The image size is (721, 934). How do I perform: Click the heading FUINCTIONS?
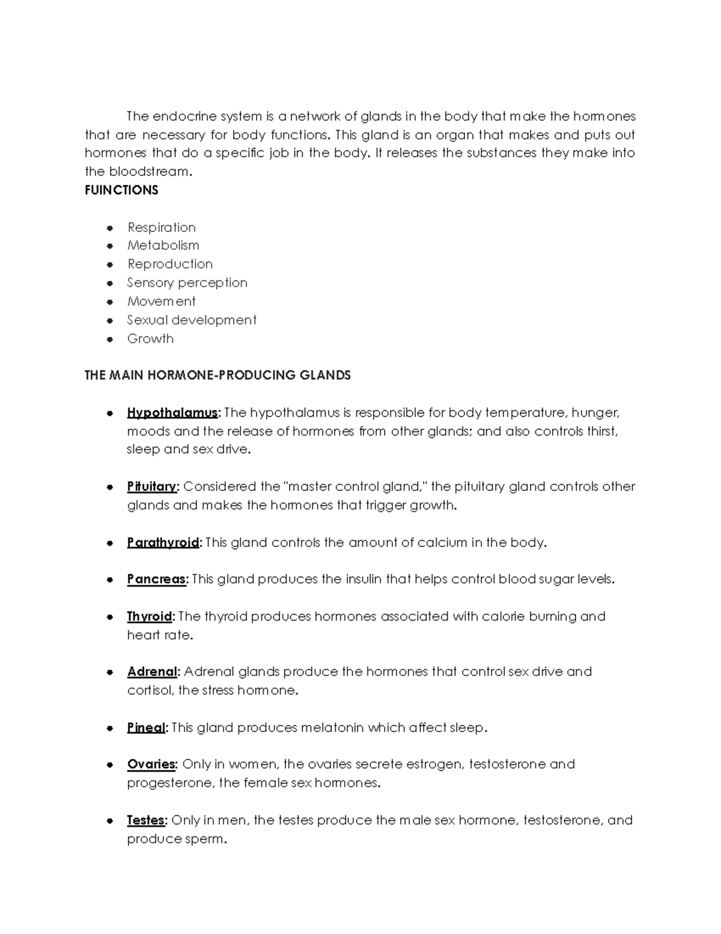click(x=121, y=190)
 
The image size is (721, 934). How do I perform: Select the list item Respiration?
click(x=161, y=227)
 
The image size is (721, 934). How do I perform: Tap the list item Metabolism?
click(x=163, y=245)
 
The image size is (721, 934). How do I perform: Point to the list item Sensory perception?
click(x=187, y=283)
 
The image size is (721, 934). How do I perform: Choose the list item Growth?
click(x=150, y=339)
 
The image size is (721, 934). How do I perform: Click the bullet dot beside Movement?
click(x=109, y=302)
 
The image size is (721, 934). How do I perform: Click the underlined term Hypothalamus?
click(x=172, y=413)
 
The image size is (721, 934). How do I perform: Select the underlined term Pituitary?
click(x=152, y=487)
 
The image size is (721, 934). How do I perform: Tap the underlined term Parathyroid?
click(x=162, y=542)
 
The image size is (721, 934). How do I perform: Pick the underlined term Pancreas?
click(x=156, y=579)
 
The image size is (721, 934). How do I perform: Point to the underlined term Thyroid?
click(x=149, y=616)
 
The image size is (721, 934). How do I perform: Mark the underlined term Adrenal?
click(x=152, y=672)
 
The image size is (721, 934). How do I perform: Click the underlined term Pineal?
click(x=145, y=728)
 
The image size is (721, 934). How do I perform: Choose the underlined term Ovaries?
click(x=151, y=764)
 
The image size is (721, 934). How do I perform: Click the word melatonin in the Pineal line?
click(x=332, y=728)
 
